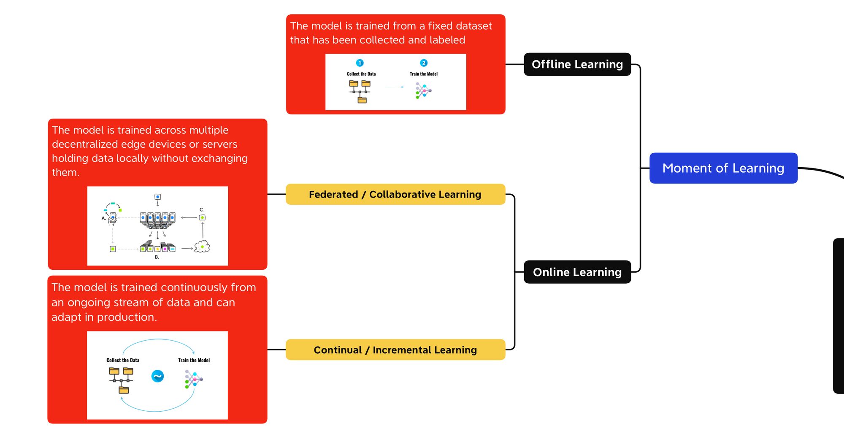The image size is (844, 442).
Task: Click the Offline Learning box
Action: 577,64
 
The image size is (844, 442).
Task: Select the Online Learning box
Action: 577,272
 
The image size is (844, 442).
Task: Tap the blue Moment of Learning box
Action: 723,168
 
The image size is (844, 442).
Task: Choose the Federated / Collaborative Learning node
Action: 395,194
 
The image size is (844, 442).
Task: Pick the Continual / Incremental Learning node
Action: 395,350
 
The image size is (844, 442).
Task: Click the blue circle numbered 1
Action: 360,63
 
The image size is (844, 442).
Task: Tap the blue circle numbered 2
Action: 424,63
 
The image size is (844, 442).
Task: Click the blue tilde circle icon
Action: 157,376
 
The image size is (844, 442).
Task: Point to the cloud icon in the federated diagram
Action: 202,247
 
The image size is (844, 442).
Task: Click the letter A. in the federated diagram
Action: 104,218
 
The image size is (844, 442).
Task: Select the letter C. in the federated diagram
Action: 202,209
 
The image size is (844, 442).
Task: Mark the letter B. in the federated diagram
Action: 157,257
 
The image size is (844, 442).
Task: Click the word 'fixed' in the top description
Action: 441,26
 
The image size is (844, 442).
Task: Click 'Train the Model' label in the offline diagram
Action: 424,74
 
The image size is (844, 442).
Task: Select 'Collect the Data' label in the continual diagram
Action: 123,360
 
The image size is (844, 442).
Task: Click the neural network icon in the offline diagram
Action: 423,90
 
